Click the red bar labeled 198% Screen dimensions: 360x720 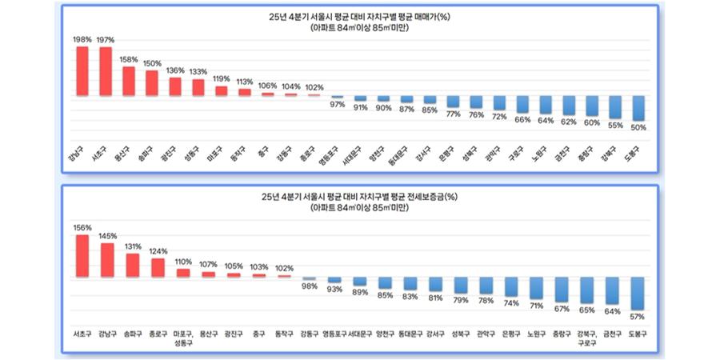[82, 71]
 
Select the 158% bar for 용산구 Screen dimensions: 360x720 [128, 81]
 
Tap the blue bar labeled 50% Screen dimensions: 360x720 [638, 107]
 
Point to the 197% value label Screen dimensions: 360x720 [105, 40]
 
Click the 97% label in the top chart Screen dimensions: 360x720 [338, 105]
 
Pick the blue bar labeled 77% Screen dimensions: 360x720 [453, 102]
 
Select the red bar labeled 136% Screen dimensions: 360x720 [174, 86]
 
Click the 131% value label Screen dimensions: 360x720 [133, 246]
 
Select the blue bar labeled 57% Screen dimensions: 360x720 [638, 293]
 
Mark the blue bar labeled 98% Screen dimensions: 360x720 [309, 279]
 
